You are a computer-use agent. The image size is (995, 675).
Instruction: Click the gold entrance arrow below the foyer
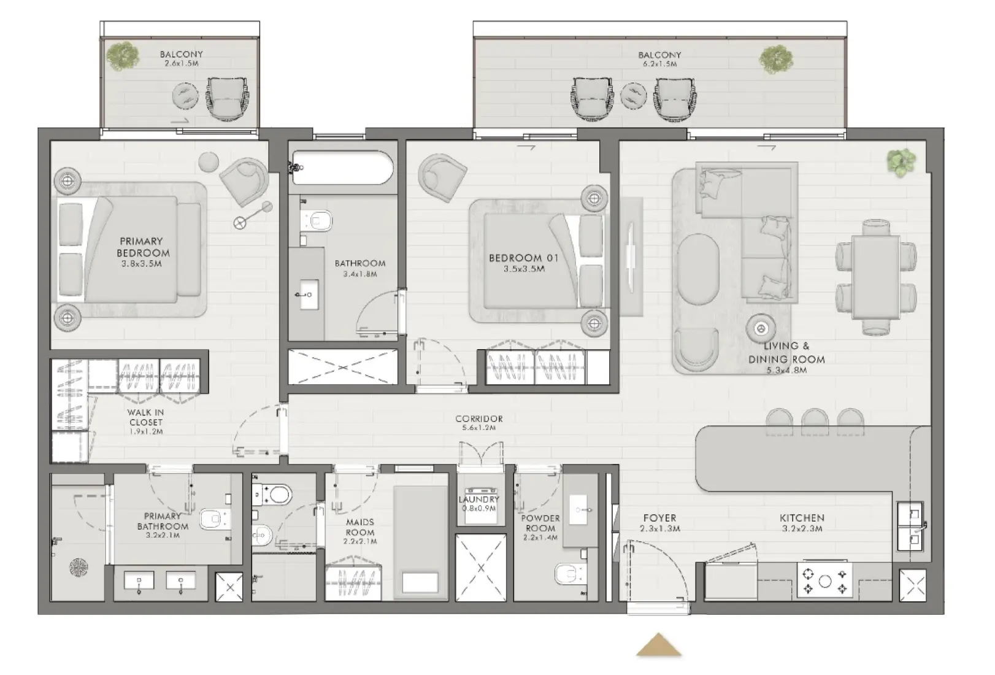click(x=659, y=646)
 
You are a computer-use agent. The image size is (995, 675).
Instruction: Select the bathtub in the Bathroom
click(x=342, y=168)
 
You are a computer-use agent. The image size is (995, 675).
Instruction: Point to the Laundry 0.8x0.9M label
click(x=479, y=504)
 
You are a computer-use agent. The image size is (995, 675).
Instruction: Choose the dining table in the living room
click(x=876, y=277)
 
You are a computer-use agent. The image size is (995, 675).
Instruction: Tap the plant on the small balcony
click(x=123, y=55)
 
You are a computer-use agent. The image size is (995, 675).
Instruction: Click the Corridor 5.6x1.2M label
click(x=479, y=423)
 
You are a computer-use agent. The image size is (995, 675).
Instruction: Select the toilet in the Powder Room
click(x=570, y=574)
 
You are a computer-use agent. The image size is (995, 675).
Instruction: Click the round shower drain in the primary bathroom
click(x=79, y=567)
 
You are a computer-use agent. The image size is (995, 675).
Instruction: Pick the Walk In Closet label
click(x=146, y=422)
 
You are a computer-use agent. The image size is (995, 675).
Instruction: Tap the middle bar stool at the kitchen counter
click(x=815, y=420)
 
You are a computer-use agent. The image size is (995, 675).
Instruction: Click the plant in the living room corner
click(x=900, y=162)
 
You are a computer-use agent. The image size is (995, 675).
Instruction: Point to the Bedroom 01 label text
click(x=523, y=263)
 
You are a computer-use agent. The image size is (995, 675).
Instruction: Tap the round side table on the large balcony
click(x=634, y=95)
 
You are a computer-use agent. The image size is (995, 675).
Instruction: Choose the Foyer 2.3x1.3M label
click(x=659, y=523)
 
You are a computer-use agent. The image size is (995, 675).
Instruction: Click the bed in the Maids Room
click(x=420, y=543)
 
